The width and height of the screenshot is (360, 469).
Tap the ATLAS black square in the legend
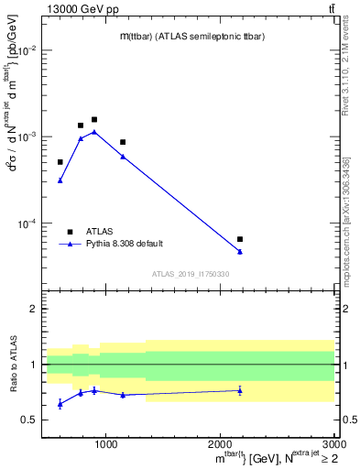click(x=70, y=232)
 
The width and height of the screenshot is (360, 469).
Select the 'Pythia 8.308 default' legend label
click(x=125, y=244)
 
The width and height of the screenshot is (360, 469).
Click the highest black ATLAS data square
click(x=94, y=119)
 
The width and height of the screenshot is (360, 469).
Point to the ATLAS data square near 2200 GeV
click(x=240, y=239)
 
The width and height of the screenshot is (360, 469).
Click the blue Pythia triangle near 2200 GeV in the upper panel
click(x=240, y=251)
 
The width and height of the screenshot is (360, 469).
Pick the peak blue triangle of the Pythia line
click(x=94, y=132)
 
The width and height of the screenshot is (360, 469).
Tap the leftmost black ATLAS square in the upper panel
click(x=60, y=162)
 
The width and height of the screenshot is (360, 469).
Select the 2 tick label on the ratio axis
click(x=34, y=309)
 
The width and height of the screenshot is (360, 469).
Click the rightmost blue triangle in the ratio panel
click(x=240, y=390)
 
